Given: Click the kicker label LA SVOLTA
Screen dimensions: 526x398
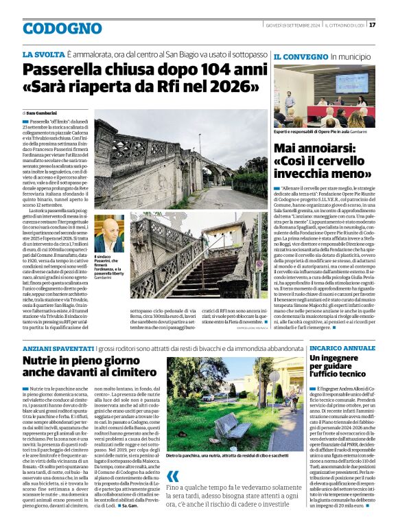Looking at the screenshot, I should (x=43, y=54).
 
